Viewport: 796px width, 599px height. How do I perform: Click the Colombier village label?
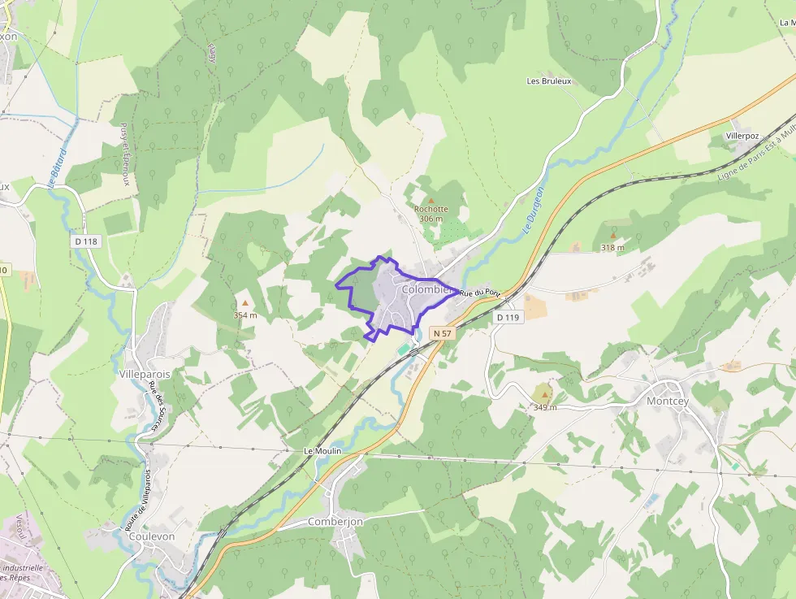(x=426, y=289)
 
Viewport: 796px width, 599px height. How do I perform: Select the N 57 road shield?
(x=442, y=333)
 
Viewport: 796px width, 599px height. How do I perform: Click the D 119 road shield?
(x=507, y=318)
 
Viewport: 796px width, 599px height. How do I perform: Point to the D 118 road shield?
(x=85, y=241)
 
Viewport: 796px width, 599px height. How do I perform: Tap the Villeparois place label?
(x=145, y=374)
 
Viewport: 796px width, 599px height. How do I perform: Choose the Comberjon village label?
(x=335, y=521)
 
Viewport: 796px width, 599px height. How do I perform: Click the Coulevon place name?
(x=152, y=536)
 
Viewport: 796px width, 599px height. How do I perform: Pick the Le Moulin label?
(x=322, y=450)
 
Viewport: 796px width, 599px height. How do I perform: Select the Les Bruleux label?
(x=549, y=81)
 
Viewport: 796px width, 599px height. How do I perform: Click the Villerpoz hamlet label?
(x=742, y=135)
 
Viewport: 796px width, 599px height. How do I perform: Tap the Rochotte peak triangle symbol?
(x=431, y=200)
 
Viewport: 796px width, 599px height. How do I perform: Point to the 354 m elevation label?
(x=245, y=315)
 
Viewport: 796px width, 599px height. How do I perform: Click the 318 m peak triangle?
(x=612, y=236)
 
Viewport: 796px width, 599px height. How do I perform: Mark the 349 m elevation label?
(x=545, y=407)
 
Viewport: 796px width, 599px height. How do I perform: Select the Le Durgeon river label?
(x=534, y=211)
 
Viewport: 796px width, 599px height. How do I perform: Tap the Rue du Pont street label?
(x=480, y=293)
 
